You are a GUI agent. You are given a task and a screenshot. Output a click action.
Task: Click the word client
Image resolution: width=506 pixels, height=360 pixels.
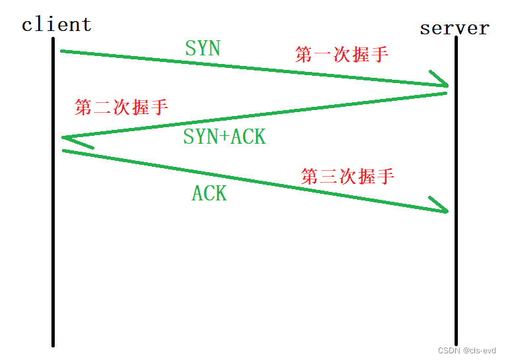pyautogui.click(x=56, y=25)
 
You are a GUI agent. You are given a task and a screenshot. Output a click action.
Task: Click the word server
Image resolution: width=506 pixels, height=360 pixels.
pyautogui.click(x=455, y=28)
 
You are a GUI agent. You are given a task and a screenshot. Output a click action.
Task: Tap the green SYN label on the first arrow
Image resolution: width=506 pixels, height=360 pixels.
pyautogui.click(x=203, y=48)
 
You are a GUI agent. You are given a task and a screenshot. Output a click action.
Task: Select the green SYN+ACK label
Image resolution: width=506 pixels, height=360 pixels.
pyautogui.click(x=224, y=136)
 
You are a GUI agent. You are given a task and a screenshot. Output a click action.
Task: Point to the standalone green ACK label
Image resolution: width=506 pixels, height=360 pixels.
pyautogui.click(x=209, y=193)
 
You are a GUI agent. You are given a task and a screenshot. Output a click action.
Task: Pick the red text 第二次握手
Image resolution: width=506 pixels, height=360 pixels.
pyautogui.click(x=121, y=107)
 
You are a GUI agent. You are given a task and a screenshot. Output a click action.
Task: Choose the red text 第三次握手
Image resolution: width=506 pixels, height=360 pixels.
pyautogui.click(x=348, y=177)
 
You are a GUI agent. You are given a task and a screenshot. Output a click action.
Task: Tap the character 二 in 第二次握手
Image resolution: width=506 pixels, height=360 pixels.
pyautogui.click(x=102, y=107)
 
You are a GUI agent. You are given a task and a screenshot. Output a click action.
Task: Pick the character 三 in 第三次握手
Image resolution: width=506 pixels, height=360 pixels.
pyautogui.click(x=329, y=177)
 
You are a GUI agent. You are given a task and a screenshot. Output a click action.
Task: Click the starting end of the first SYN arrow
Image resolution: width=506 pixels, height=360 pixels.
pyautogui.click(x=63, y=51)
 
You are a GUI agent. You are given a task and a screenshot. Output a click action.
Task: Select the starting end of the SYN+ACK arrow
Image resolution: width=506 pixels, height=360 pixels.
pyautogui.click(x=445, y=93)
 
